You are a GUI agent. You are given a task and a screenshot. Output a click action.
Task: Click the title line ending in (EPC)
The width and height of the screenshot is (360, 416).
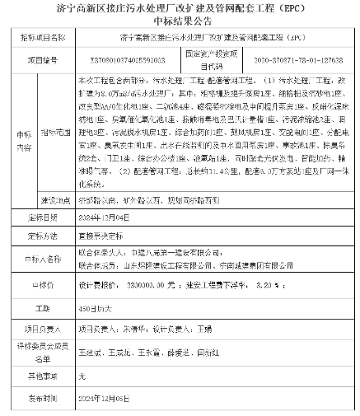(180, 10)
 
